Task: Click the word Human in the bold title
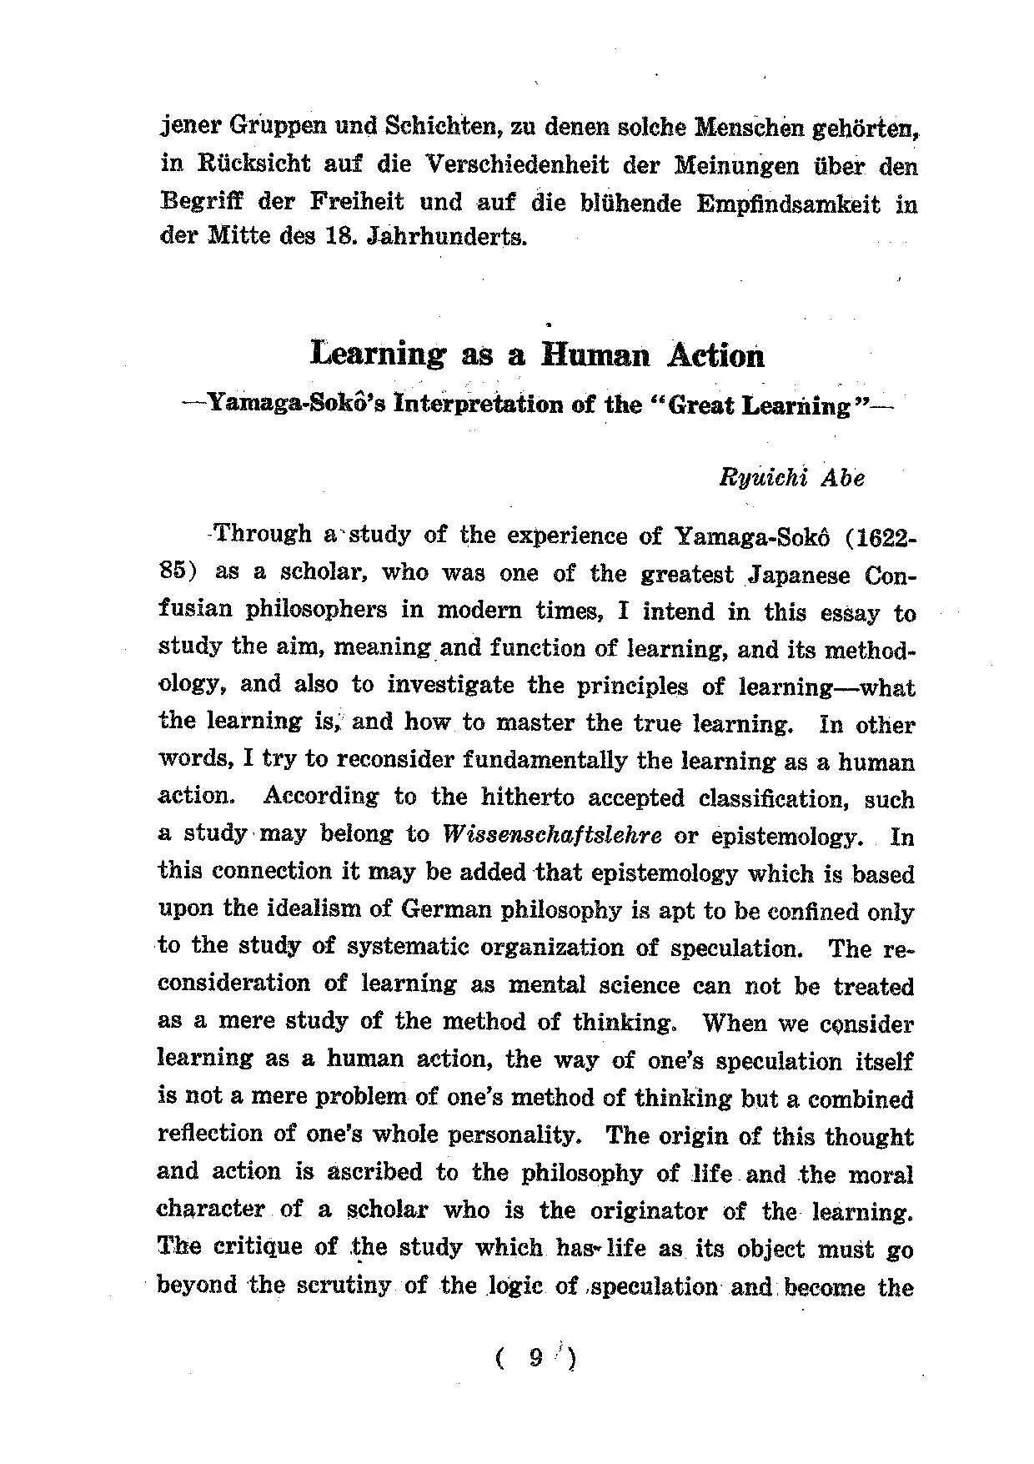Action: pyautogui.click(x=595, y=356)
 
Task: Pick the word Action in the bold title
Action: pyautogui.click(x=715, y=356)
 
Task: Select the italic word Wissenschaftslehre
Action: pyautogui.click(x=554, y=835)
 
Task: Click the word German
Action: pyautogui.click(x=440, y=910)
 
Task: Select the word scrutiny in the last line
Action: pyautogui.click(x=344, y=1285)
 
